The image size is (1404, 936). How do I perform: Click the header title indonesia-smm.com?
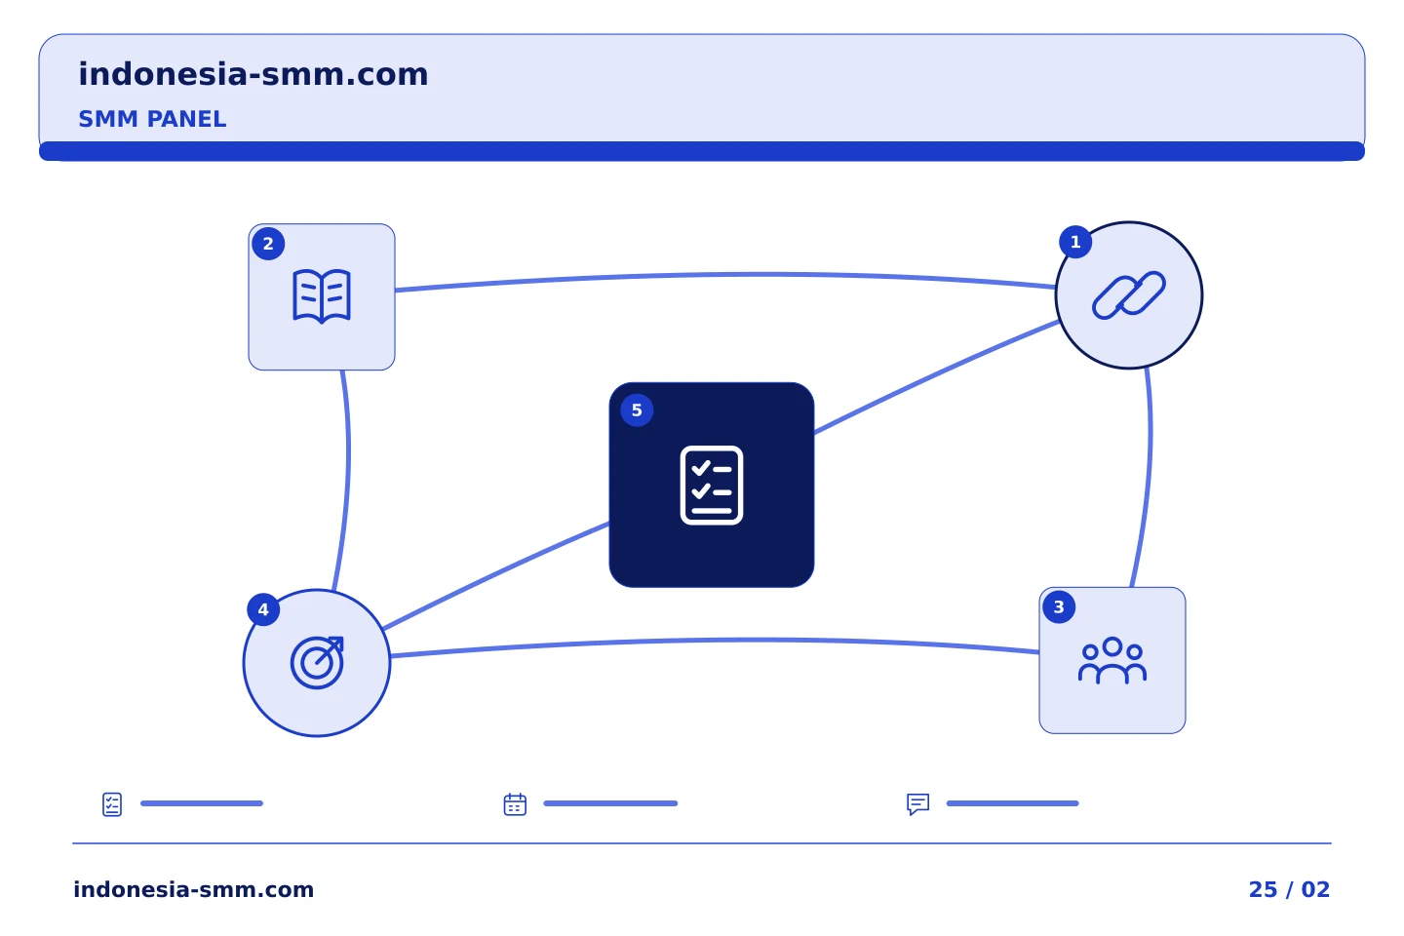[253, 74]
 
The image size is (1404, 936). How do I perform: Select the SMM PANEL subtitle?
[152, 119]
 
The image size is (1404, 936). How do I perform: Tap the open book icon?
[322, 296]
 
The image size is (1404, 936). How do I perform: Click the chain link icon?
[1129, 295]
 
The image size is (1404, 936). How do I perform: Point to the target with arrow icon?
[317, 663]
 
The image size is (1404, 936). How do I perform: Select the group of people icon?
[1112, 660]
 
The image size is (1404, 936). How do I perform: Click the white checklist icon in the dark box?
[712, 486]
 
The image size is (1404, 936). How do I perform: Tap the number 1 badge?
[1075, 242]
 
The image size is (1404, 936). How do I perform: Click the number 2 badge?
[268, 244]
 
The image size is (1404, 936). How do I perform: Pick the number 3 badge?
[1059, 606]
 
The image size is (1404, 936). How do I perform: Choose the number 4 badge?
[263, 609]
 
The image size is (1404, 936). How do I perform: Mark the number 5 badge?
[637, 410]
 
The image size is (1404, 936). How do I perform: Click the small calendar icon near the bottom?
[515, 803]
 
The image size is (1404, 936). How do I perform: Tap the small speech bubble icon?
[918, 803]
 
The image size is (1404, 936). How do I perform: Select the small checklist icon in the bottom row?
[112, 804]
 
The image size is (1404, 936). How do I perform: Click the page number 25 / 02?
[1289, 889]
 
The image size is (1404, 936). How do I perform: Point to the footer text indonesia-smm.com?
[194, 889]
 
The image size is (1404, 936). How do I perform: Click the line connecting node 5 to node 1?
[937, 376]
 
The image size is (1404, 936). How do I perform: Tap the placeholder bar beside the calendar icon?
[610, 803]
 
